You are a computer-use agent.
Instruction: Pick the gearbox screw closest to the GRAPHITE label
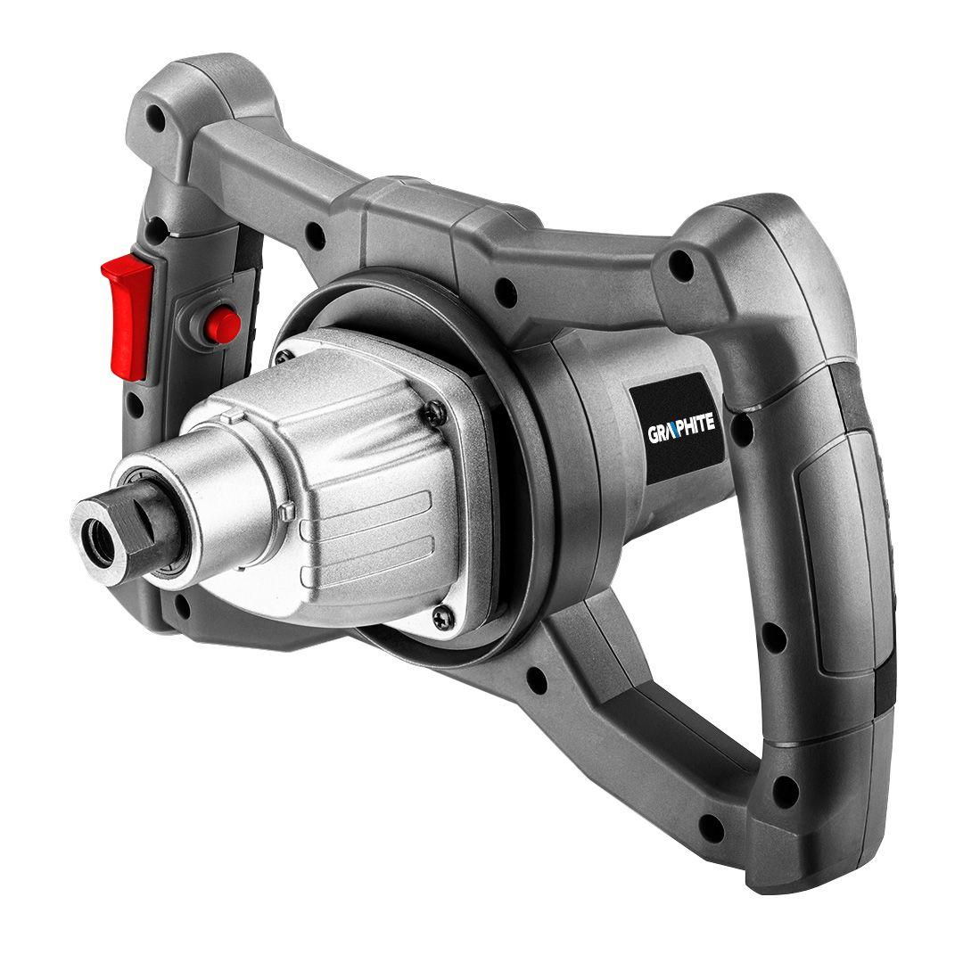tap(433, 410)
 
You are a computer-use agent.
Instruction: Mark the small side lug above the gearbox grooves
tap(287, 511)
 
